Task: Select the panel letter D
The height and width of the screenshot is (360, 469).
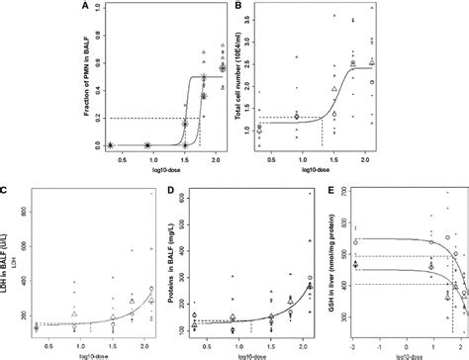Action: [x=164, y=187]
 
